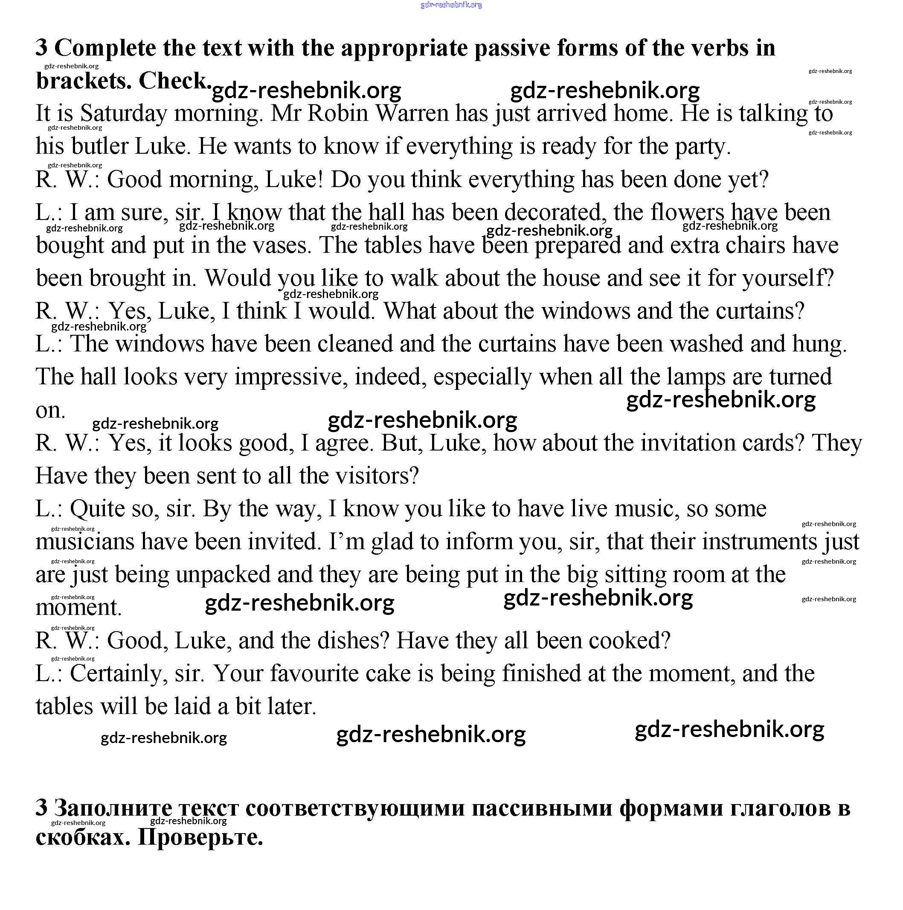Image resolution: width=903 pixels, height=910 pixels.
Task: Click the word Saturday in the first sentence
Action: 123,114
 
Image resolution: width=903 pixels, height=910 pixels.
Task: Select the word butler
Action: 100,146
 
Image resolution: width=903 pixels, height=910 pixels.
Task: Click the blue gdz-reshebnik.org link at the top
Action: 451,5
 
